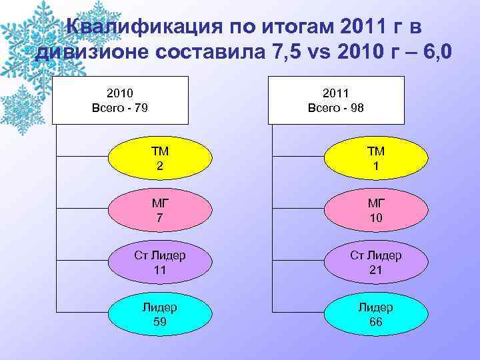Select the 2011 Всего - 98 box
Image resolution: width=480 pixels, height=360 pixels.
coord(335,101)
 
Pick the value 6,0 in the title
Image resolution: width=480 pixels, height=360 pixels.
coord(433,53)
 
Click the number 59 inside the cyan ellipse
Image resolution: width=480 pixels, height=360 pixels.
coord(159,323)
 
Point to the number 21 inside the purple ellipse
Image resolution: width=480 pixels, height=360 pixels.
coord(375,271)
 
